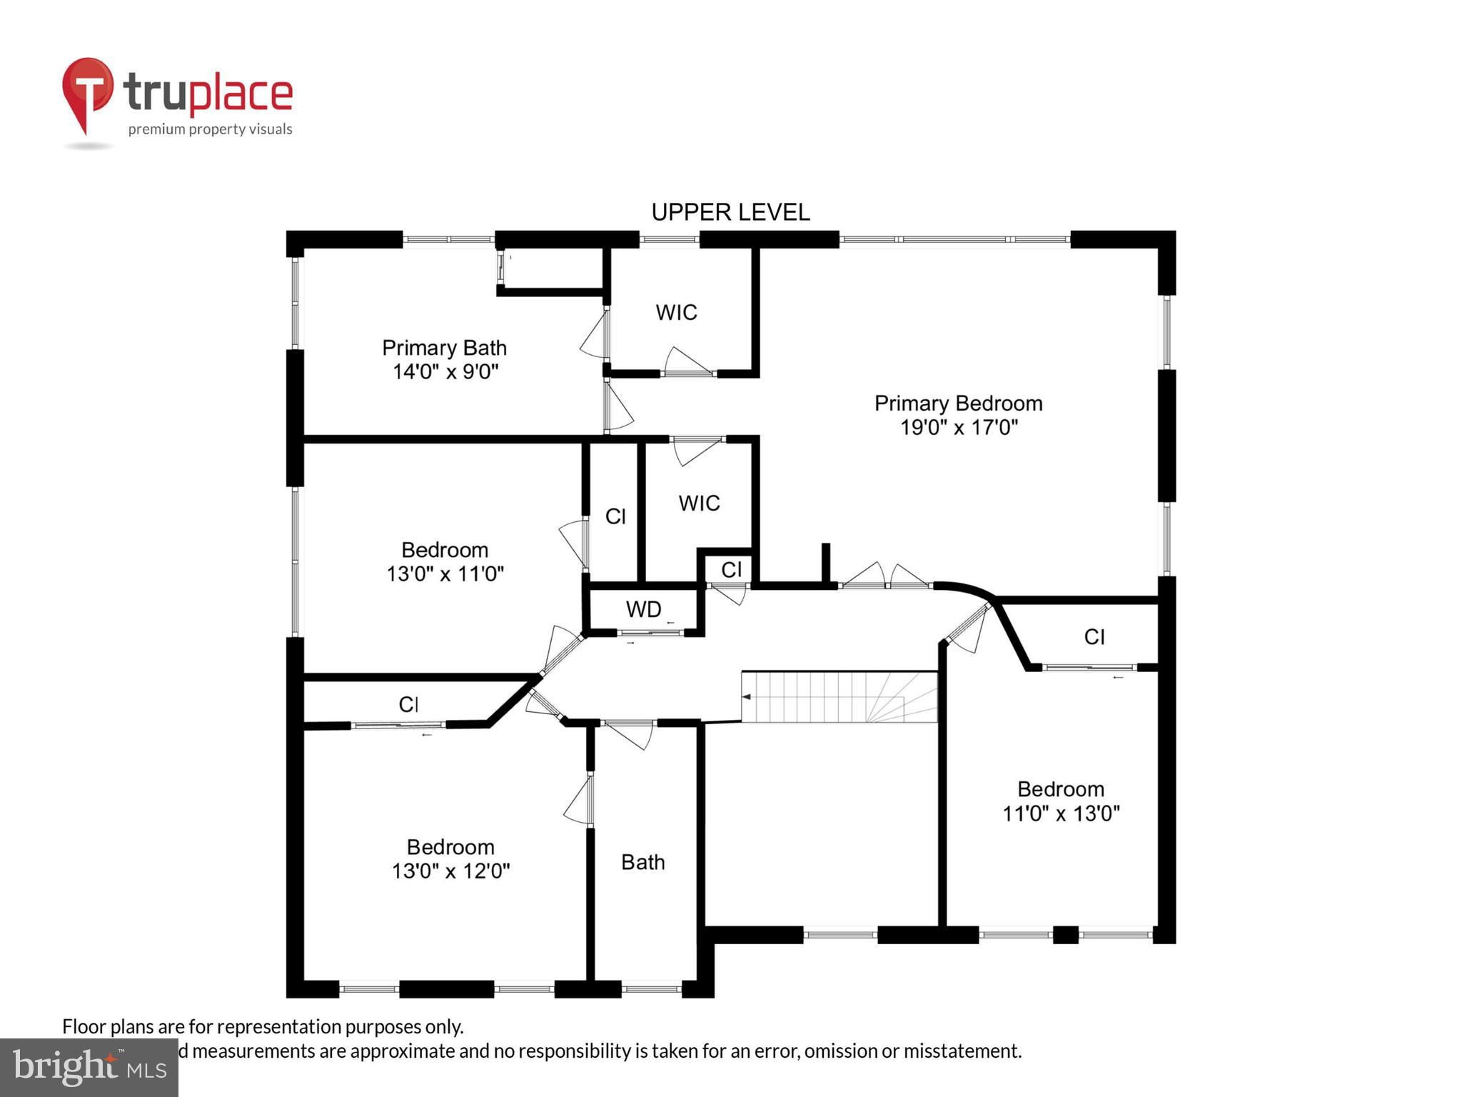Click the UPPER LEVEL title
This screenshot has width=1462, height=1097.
click(x=730, y=212)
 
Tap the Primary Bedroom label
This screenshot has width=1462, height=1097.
click(x=958, y=404)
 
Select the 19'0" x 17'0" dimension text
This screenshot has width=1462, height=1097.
click(x=958, y=428)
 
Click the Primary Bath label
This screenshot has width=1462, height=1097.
click(x=444, y=348)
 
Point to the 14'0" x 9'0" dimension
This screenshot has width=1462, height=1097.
click(x=445, y=372)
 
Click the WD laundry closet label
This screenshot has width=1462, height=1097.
click(x=643, y=609)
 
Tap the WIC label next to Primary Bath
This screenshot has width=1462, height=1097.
click(x=676, y=312)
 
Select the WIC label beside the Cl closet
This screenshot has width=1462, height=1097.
click(x=699, y=503)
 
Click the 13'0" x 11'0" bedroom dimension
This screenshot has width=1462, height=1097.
click(x=445, y=574)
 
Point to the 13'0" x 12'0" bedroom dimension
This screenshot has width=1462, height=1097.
click(x=450, y=871)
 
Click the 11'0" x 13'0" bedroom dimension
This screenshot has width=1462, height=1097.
click(x=1061, y=813)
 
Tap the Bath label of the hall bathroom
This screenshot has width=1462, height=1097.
click(x=642, y=862)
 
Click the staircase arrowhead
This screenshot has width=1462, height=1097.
click(x=746, y=696)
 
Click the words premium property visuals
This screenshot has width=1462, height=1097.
click(x=210, y=129)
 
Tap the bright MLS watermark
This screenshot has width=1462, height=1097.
click(x=89, y=1067)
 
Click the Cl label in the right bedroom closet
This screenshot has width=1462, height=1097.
click(x=1094, y=636)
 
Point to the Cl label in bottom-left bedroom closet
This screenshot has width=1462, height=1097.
click(x=408, y=705)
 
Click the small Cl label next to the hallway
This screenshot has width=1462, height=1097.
click(x=731, y=569)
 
